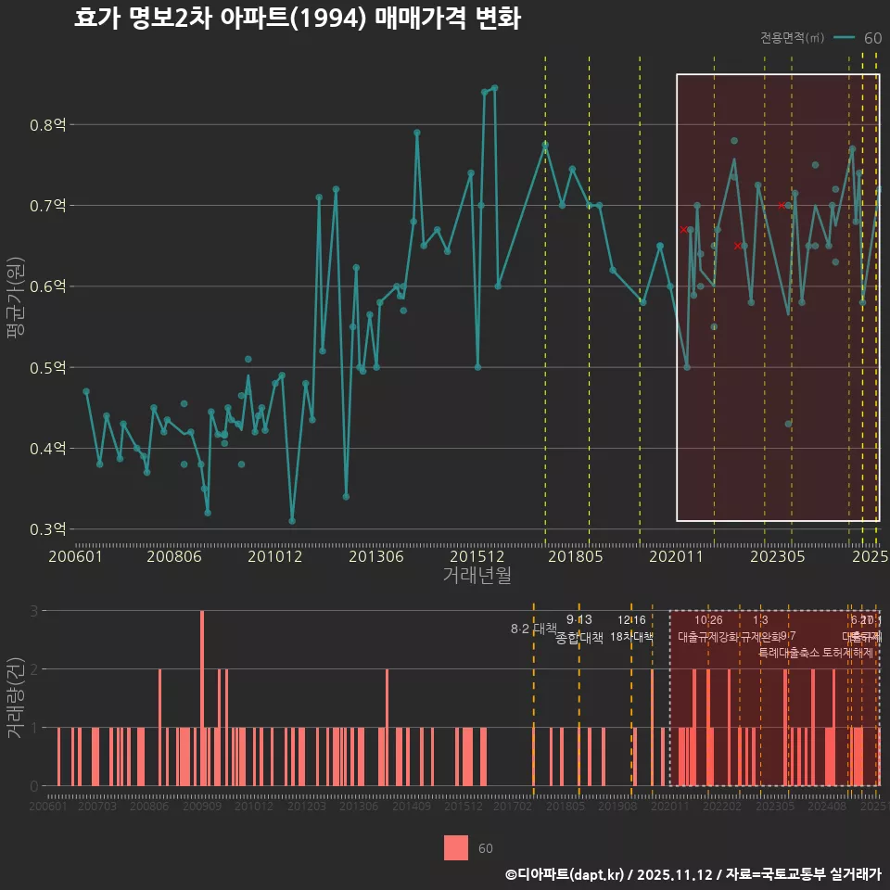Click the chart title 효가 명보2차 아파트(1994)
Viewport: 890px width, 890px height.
coord(297,19)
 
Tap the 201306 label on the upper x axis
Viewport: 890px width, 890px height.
coord(375,557)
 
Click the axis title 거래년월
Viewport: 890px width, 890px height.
coord(477,576)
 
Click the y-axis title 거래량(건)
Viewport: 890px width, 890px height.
coord(16,698)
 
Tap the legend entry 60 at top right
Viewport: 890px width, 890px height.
coord(871,38)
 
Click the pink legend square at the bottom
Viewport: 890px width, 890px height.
coord(456,848)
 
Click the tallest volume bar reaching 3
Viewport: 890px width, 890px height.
coord(202,697)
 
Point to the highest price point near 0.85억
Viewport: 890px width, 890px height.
coord(494,88)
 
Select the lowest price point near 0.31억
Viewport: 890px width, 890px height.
coord(292,521)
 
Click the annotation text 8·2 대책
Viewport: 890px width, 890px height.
coord(533,629)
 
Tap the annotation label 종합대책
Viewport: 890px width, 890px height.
coord(579,638)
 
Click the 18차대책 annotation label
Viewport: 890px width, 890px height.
coord(631,637)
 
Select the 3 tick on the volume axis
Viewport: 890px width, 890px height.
coord(34,611)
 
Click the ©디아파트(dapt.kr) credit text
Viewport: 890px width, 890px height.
coord(565,874)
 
